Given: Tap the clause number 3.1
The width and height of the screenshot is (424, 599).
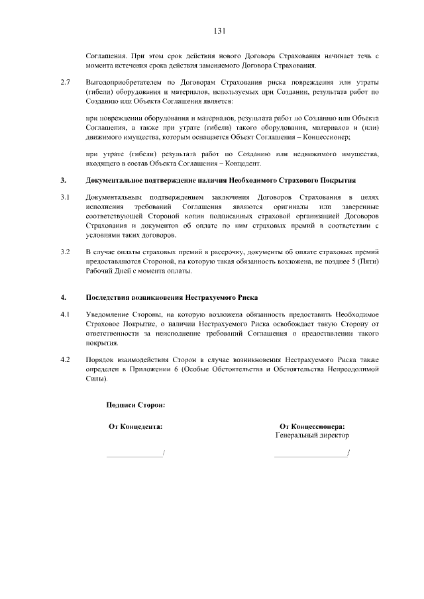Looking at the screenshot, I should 65,197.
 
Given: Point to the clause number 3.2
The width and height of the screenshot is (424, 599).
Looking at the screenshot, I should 65,252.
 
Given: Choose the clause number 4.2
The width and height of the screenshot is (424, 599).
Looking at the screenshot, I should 65,359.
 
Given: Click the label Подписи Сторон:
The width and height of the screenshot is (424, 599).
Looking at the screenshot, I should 135,404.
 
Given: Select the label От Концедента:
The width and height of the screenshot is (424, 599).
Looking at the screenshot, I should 136,427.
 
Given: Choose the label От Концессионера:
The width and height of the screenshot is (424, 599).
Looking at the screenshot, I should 312,427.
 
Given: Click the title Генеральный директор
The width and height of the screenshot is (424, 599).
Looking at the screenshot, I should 312,436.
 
